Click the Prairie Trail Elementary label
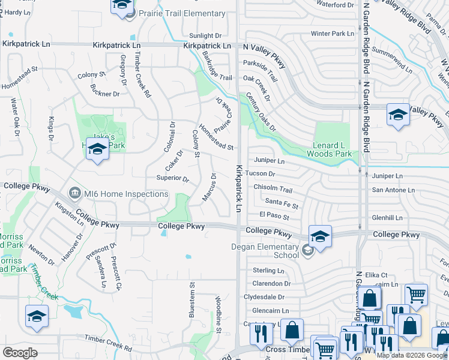point(181,13)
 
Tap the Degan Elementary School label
point(265,251)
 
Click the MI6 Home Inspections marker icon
point(75,193)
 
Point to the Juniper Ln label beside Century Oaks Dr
point(269,161)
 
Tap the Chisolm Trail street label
point(273,188)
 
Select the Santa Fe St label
point(282,203)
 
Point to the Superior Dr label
point(172,178)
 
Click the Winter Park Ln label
point(333,34)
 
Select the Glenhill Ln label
point(387,218)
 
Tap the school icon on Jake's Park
point(97,149)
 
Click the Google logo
point(20,353)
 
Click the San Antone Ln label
point(393,190)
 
